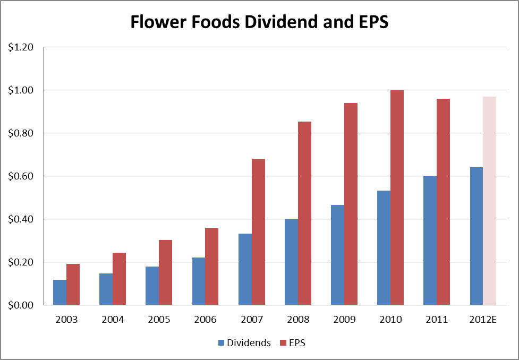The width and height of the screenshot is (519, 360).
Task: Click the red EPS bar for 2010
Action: [397, 198]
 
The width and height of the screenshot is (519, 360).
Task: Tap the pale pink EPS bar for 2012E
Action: [489, 201]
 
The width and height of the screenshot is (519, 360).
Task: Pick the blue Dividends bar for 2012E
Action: [476, 236]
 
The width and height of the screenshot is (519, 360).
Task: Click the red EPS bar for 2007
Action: [258, 232]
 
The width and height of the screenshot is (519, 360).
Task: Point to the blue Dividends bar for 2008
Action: [291, 262]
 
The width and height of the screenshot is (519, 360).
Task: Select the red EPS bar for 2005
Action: [166, 272]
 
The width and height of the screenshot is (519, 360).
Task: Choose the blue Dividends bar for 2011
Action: [430, 241]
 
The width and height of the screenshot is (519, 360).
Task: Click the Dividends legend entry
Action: [244, 343]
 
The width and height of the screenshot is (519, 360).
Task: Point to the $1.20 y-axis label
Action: [21, 47]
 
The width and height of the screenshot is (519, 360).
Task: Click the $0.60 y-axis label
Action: [21, 176]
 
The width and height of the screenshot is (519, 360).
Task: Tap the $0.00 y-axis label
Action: [21, 305]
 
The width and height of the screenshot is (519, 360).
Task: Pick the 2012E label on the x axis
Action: [482, 320]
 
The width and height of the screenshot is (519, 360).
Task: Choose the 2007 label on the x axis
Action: [251, 320]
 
